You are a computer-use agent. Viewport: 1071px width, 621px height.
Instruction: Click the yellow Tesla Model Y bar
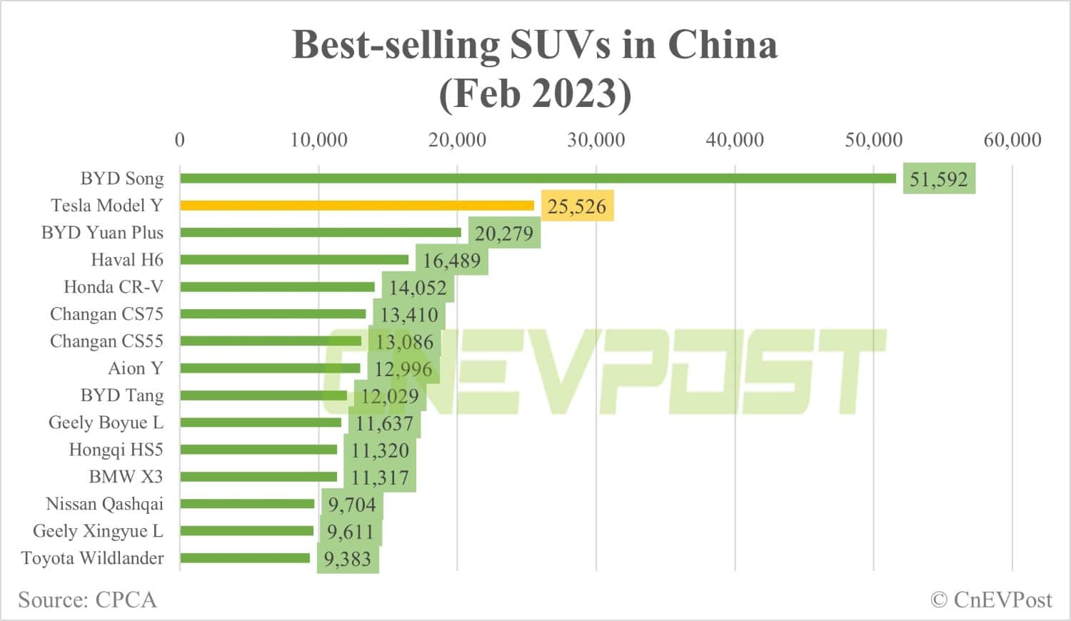357,206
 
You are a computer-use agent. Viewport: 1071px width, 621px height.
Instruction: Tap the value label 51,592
938,179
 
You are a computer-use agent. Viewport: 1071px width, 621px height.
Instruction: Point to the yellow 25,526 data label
577,206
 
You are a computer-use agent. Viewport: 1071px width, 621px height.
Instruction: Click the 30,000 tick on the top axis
596,140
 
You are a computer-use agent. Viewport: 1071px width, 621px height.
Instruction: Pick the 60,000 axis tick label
1012,140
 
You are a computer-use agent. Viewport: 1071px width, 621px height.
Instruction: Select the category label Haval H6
127,260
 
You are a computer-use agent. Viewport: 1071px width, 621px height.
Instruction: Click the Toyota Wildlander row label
92,558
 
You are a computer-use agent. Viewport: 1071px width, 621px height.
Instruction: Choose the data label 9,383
348,559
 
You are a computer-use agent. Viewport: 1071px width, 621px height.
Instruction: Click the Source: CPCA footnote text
87,600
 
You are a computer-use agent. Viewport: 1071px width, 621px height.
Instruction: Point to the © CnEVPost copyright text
991,600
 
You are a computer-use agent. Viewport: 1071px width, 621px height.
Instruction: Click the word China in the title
722,45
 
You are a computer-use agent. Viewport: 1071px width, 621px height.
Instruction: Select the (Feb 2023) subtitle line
535,94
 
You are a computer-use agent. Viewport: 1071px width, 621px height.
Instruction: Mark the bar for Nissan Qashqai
247,504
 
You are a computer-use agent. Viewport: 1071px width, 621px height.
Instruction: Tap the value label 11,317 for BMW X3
380,478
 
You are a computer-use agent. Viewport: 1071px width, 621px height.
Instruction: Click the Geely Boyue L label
106,423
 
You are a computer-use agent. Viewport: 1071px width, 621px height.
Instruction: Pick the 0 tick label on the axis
180,140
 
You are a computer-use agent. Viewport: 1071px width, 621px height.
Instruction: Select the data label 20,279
504,233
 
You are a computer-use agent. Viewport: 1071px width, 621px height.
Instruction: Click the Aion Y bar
270,368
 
